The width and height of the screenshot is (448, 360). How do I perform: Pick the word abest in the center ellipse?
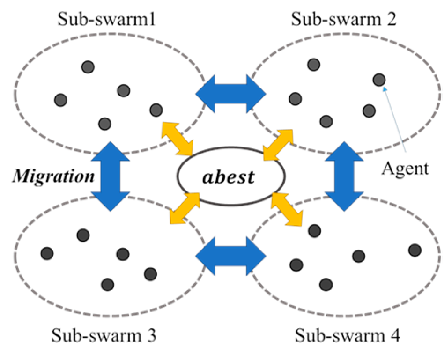coord(230,176)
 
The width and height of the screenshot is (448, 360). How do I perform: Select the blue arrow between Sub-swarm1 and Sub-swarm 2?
coord(230,93)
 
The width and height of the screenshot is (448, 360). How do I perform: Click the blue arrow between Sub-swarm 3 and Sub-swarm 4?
coord(230,254)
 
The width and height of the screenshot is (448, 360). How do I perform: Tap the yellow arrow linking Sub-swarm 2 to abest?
coord(278,144)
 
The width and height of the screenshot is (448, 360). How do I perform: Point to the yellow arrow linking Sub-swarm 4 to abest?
coord(287,208)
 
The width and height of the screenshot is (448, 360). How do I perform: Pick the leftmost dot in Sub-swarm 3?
coord(47,253)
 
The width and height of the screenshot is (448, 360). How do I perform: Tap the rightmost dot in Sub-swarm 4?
coord(415,250)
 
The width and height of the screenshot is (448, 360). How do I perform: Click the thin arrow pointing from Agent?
coord(395,119)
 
